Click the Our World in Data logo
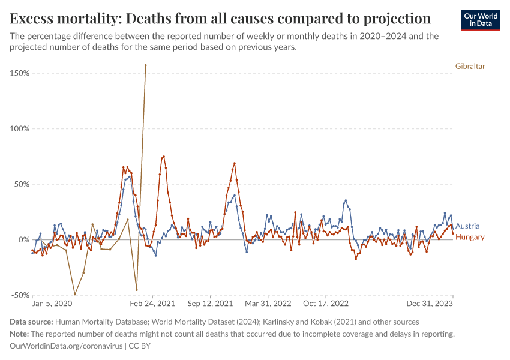click(480, 20)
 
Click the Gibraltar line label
click(470, 66)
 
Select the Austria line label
click(467, 226)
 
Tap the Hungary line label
click(470, 237)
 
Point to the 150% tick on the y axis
click(19, 73)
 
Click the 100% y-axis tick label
click(19, 128)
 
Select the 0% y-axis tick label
click(23, 239)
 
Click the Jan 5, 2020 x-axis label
click(52, 304)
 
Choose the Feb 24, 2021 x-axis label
click(154, 304)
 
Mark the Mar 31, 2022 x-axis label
click(269, 304)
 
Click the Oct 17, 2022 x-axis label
click(326, 304)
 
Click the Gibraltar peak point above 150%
click(145, 65)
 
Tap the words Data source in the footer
click(32, 322)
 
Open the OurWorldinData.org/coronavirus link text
click(65, 346)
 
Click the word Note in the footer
click(19, 334)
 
